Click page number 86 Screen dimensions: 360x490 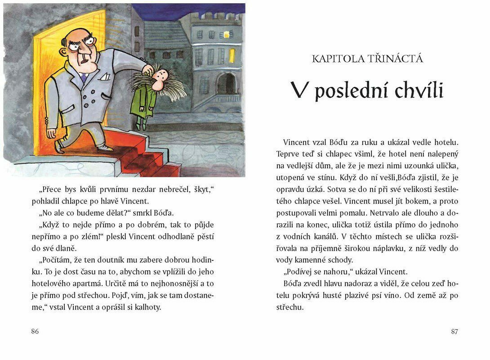tap(35, 332)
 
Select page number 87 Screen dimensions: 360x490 tap(454, 332)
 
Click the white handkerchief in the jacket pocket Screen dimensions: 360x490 tap(104, 76)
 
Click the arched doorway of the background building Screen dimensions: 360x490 tap(227, 85)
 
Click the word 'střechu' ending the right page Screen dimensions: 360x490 tap(290, 307)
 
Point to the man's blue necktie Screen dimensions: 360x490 tap(84, 77)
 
